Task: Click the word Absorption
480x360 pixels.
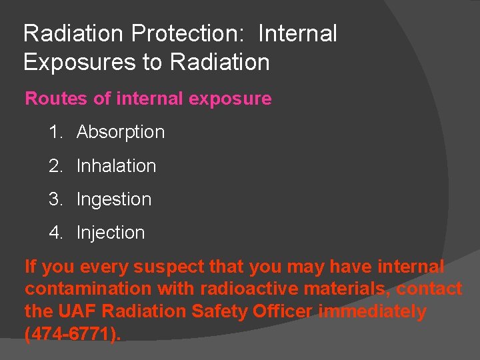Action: point(121,132)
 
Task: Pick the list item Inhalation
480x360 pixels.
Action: point(116,165)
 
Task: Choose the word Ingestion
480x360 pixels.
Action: point(114,199)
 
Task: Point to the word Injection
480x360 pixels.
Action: point(111,232)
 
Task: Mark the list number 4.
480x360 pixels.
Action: point(55,232)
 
